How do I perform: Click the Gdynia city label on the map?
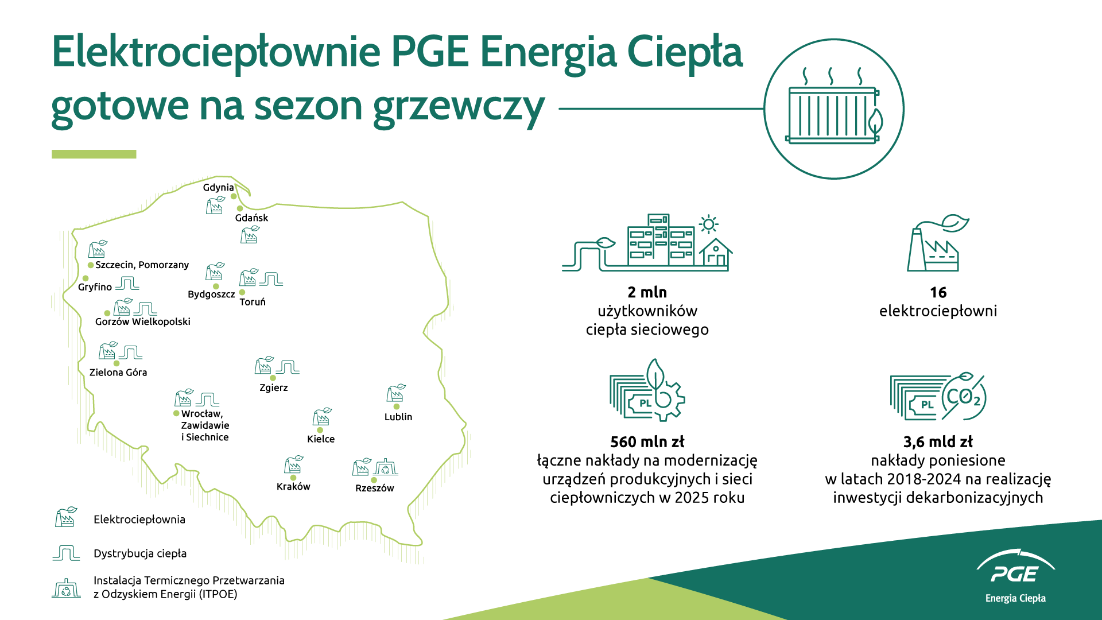click(218, 188)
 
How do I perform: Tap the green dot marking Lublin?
click(397, 406)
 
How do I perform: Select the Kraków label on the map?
click(293, 486)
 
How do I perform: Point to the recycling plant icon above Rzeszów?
click(386, 467)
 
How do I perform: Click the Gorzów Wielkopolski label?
click(143, 321)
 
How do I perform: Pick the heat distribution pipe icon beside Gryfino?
click(127, 283)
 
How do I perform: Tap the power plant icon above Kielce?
click(322, 417)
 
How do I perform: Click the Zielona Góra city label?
click(118, 372)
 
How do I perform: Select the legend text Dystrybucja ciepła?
click(140, 553)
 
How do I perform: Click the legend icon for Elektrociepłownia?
click(66, 517)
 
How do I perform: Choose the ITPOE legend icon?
click(66, 588)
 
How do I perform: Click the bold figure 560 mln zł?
click(647, 442)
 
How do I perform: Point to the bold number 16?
click(938, 293)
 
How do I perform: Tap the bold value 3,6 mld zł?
click(938, 442)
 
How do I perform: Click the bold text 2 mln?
click(647, 292)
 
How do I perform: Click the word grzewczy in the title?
click(459, 107)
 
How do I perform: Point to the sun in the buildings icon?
click(709, 224)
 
